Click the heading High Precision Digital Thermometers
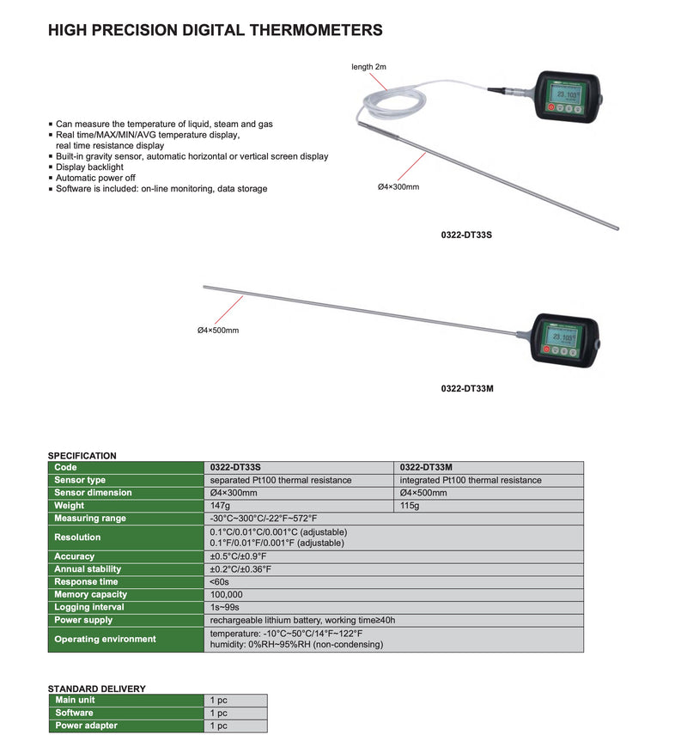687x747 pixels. pos(215,30)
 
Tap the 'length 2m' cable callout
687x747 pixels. pos(368,66)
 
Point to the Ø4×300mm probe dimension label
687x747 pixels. pos(398,187)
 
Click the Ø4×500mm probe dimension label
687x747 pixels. pos(218,330)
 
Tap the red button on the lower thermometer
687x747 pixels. pos(544,349)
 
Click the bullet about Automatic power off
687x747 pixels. pos(97,178)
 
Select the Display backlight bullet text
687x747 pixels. pos(89,167)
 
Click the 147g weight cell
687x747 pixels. pos(222,506)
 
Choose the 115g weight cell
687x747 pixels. pos(411,506)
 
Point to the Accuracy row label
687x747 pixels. pos(75,556)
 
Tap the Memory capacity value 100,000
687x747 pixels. pos(227,594)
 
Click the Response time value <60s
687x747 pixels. pos(220,581)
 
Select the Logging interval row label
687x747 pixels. pos(89,607)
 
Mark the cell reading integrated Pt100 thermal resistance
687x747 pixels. pos(471,480)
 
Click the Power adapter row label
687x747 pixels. pos(86,726)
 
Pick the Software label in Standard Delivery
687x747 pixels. pos(74,713)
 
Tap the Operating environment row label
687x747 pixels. pos(105,639)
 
